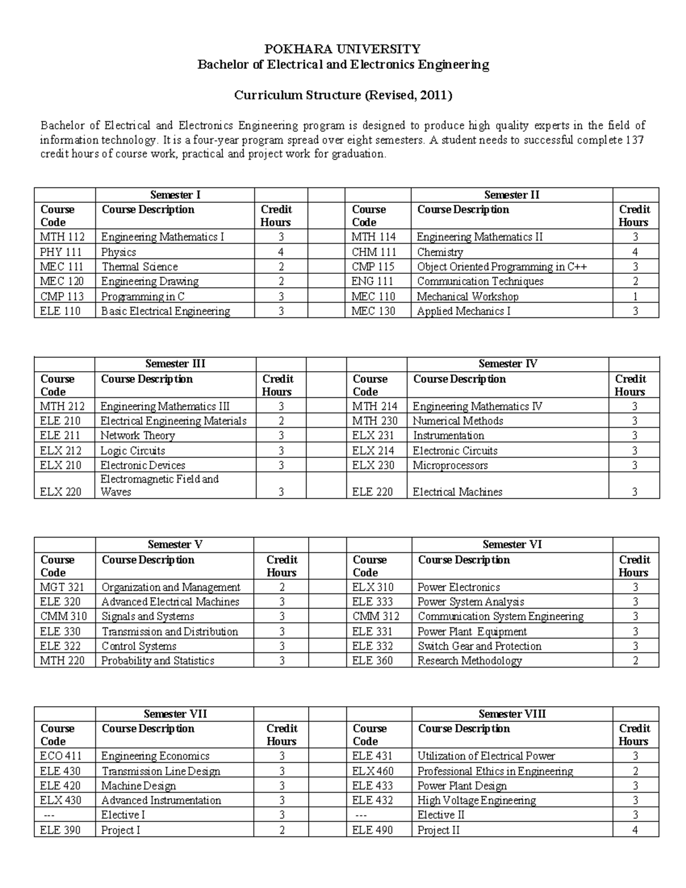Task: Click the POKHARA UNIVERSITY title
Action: tap(343, 49)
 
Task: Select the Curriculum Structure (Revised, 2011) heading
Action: tap(343, 95)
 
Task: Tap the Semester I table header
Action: tap(175, 195)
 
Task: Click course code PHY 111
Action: tap(61, 252)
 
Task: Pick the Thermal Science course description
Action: tap(139, 266)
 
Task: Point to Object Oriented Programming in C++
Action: tap(502, 266)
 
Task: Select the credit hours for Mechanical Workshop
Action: tap(635, 296)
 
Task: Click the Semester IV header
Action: tap(508, 364)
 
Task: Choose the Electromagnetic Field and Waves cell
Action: tap(159, 485)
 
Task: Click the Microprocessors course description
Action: tap(450, 465)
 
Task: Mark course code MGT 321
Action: tap(62, 587)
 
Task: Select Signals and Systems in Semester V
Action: tap(147, 616)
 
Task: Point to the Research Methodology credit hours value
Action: tap(635, 661)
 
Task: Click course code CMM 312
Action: tap(376, 616)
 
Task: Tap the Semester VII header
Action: tap(175, 714)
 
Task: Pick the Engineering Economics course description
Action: tap(155, 756)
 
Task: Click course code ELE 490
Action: tap(372, 830)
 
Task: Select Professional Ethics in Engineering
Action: tap(495, 771)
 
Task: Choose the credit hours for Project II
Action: tap(635, 830)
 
